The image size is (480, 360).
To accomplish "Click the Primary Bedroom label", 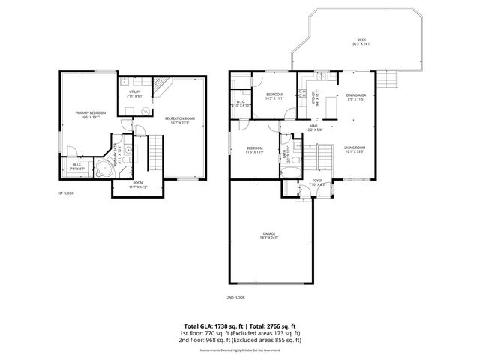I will [x=90, y=113].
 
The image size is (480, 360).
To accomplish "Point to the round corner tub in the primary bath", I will [x=103, y=169].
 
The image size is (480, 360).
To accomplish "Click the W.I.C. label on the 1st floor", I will [x=77, y=166].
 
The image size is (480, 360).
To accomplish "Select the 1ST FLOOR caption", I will [x=66, y=193].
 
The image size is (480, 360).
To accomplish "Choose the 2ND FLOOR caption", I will [x=235, y=297].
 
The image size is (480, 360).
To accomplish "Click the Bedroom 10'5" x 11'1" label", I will [x=274, y=96].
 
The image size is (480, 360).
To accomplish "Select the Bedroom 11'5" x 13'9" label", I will [x=255, y=149].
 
